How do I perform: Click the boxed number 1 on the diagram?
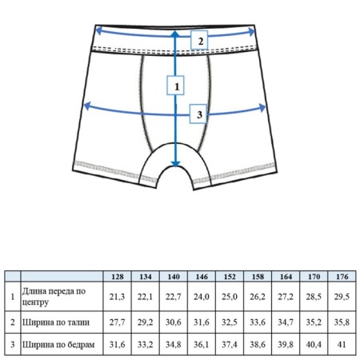[x=175, y=86]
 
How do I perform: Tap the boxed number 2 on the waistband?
[x=199, y=40]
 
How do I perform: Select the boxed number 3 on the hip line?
[x=198, y=114]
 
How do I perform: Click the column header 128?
[x=118, y=277]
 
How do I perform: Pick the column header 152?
[x=230, y=277]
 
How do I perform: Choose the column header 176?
[x=342, y=277]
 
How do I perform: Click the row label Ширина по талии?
[x=56, y=322]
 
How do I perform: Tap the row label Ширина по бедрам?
[x=58, y=345]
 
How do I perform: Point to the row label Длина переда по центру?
[x=54, y=297]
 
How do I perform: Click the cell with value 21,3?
[x=117, y=297]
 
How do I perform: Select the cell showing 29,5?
[x=342, y=297]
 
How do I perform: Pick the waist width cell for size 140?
[x=174, y=322]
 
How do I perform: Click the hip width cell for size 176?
[x=342, y=345]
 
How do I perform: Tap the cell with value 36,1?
[x=202, y=345]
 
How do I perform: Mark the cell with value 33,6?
[x=258, y=322]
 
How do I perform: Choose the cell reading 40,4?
[x=314, y=345]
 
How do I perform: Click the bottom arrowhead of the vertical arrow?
[x=175, y=163]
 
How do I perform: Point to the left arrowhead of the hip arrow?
[x=87, y=106]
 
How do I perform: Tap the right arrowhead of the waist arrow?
[x=252, y=32]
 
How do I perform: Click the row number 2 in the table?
[x=13, y=322]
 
